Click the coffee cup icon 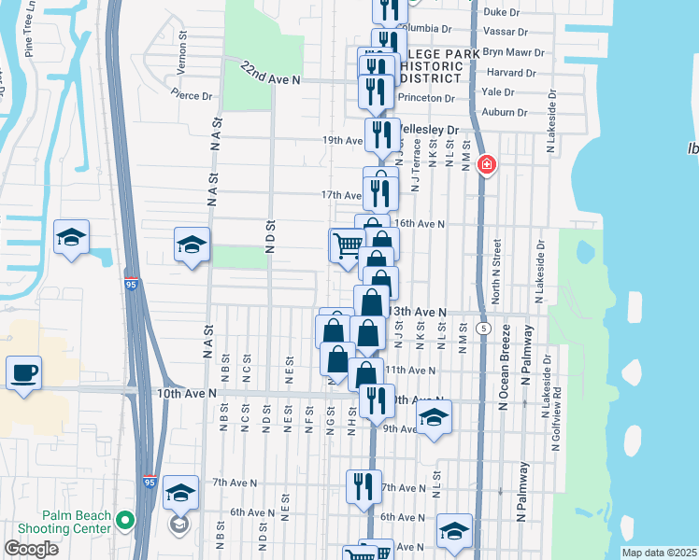coord(23,374)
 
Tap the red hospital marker coord(486,166)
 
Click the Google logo coord(31,549)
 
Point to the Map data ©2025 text coord(660,553)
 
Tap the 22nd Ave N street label coord(270,75)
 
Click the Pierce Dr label coord(193,95)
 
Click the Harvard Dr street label coord(510,72)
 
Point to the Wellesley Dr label coord(430,130)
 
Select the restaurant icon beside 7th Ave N coord(364,485)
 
